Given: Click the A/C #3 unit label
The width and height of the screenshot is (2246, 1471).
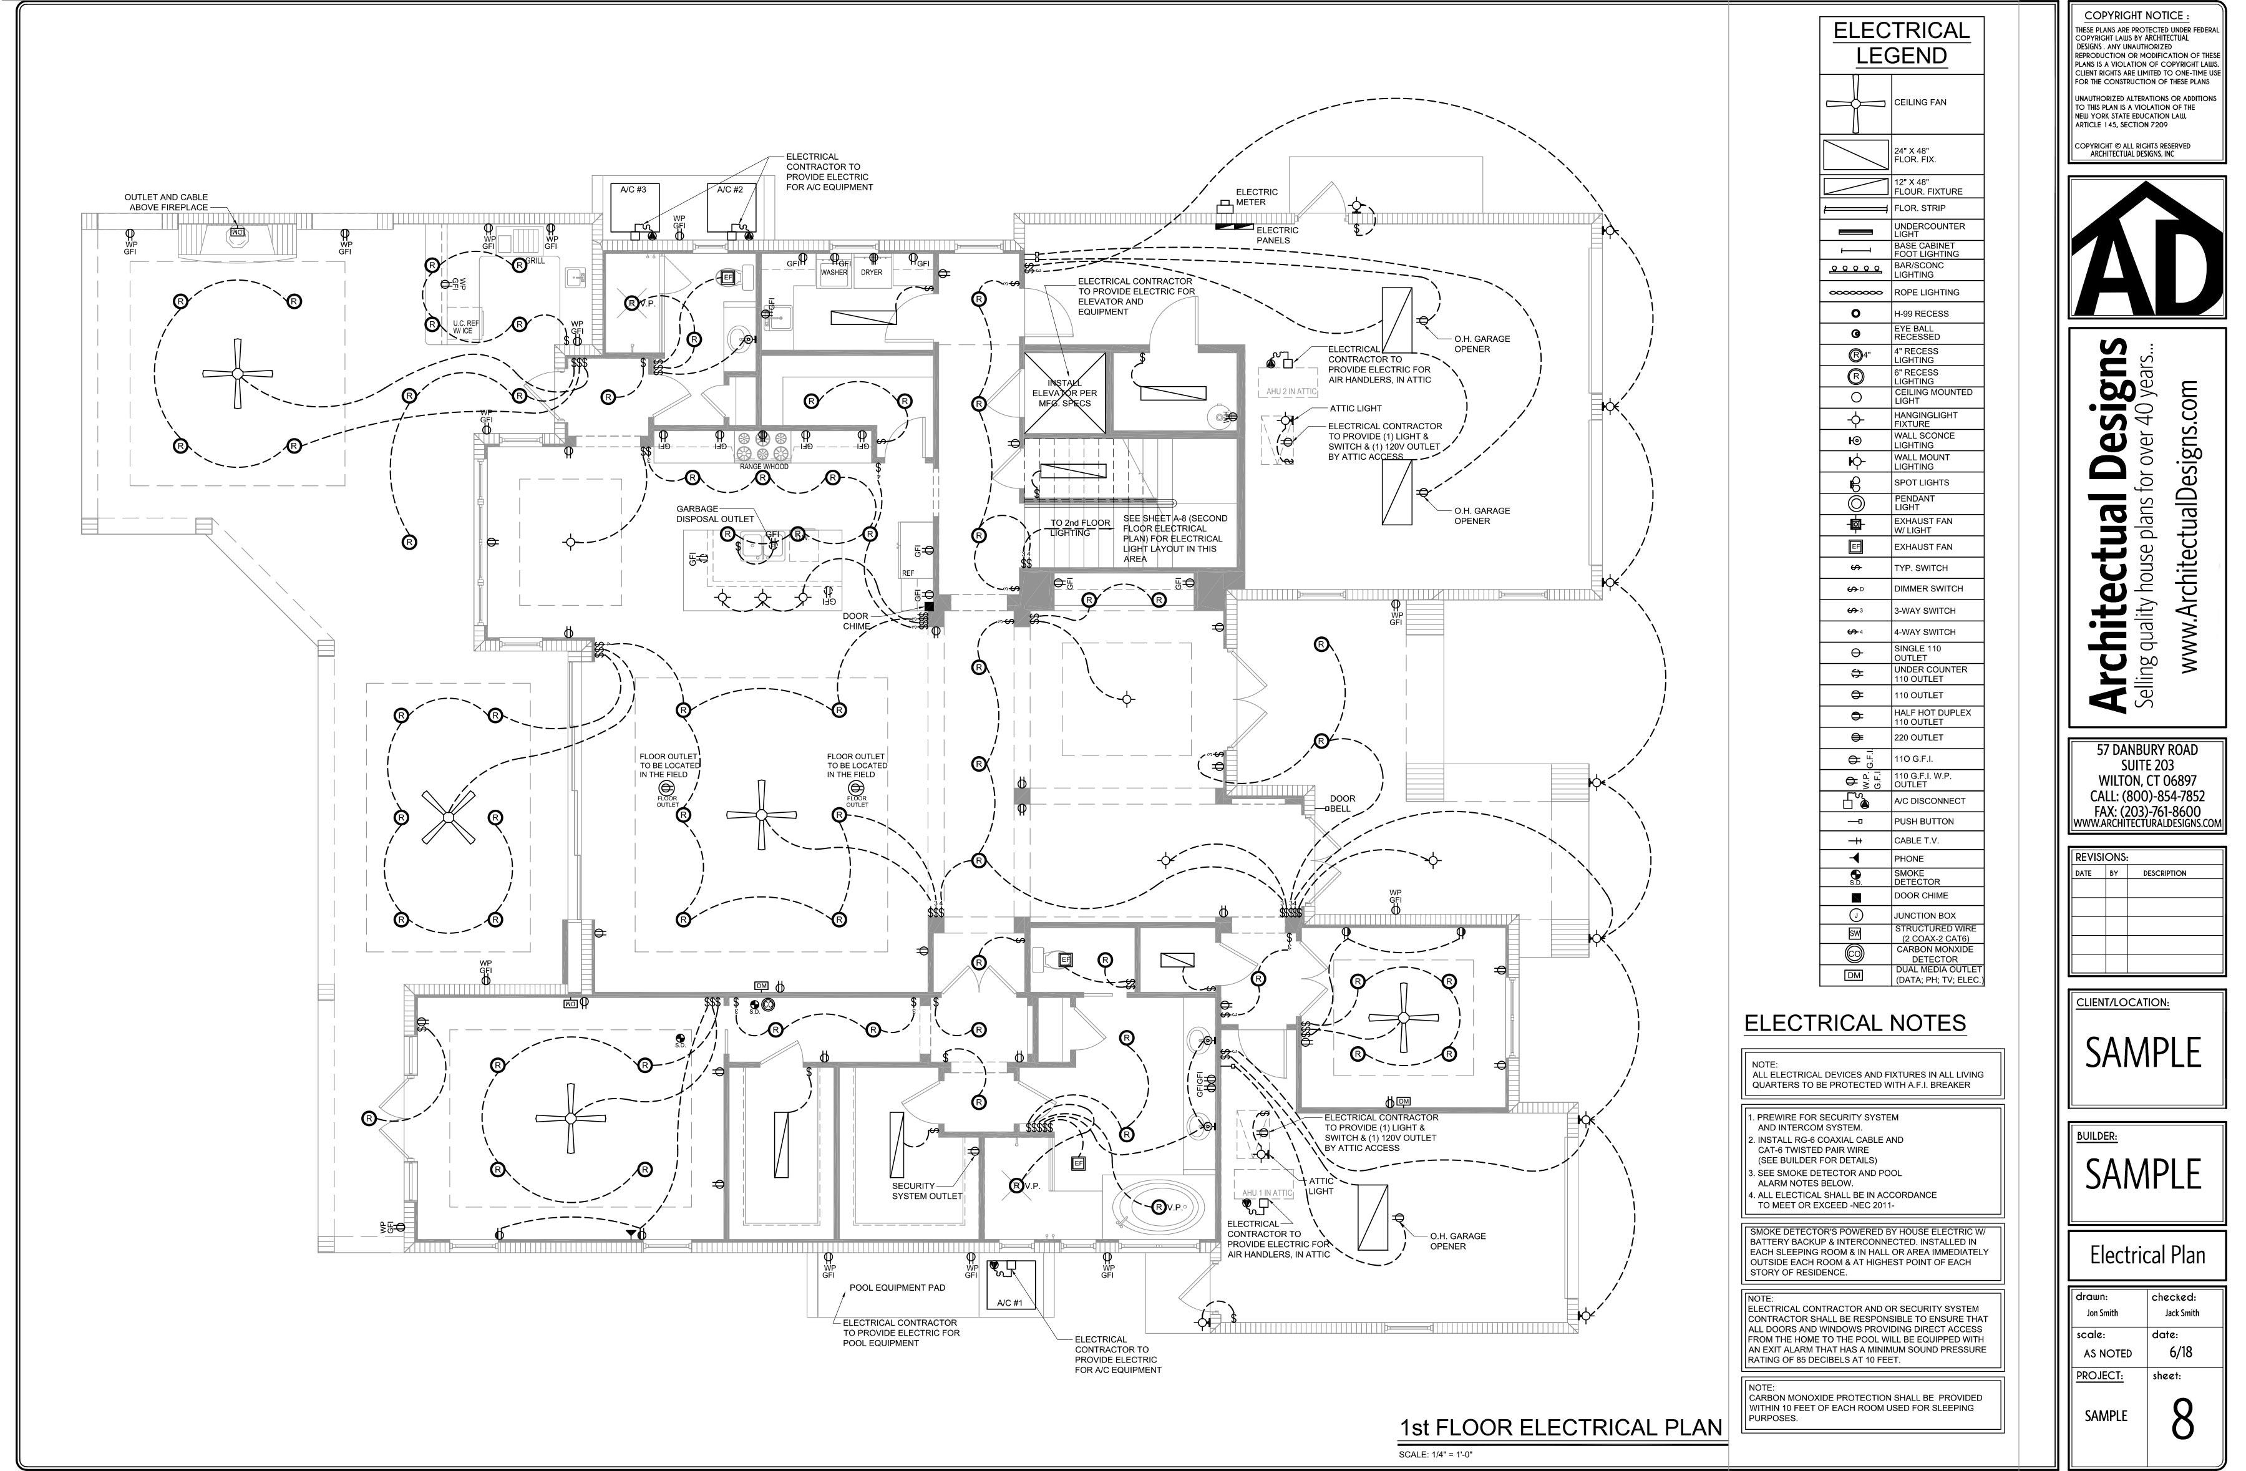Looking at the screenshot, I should point(633,190).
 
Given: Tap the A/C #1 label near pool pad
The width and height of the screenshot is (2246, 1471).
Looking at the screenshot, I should point(1009,1302).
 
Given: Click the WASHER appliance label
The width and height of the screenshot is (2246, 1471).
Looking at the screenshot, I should point(834,273).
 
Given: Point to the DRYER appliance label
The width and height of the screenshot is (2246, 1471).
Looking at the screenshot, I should point(871,273).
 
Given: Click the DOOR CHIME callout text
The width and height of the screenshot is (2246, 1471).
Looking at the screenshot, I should point(856,621).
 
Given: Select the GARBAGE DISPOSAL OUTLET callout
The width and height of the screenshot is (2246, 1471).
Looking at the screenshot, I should point(714,513).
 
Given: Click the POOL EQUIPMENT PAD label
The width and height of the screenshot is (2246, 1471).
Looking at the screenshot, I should point(897,1287).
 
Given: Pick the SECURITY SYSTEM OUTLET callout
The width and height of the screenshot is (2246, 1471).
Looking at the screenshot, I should point(926,1191).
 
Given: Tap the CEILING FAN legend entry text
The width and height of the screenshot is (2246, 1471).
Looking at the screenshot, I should point(1920,102).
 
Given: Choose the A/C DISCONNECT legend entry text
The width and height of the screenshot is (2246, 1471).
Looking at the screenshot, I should point(1929,801).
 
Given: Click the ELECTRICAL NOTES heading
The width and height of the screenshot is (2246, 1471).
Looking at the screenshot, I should point(1854,1024).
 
